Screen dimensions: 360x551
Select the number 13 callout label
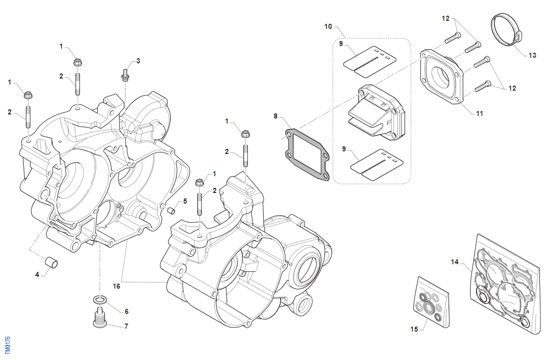coord(532,56)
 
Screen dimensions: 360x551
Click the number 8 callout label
coord(276,116)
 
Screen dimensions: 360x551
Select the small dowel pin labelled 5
coord(171,209)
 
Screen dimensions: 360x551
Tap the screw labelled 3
coord(124,76)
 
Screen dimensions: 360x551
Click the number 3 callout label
coord(138,61)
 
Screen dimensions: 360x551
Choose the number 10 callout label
coord(328,26)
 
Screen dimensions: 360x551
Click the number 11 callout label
coord(480,114)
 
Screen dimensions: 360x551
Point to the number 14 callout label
coord(455,262)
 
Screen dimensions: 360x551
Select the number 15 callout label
coord(414,329)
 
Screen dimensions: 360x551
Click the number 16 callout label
coord(116,286)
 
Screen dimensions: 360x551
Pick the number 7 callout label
coord(126,327)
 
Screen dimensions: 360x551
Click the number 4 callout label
coord(37,275)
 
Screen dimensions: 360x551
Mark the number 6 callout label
coord(126,311)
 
